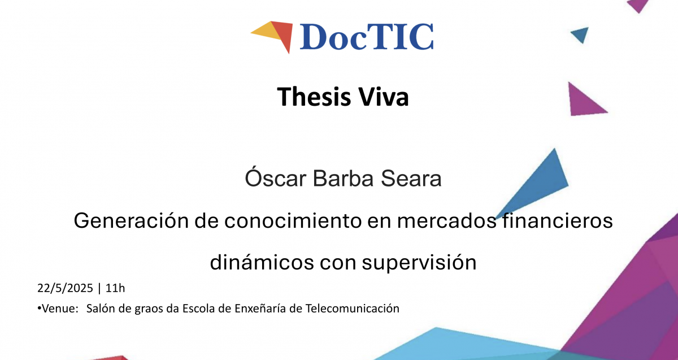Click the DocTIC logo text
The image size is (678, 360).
(x=367, y=37)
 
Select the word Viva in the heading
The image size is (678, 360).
(x=384, y=97)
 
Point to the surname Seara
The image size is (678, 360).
(x=411, y=179)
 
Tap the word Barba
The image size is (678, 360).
(x=344, y=178)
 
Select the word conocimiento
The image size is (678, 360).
(x=293, y=220)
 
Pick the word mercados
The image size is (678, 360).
(x=446, y=220)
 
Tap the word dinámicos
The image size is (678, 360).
(x=262, y=262)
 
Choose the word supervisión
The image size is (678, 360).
(x=419, y=263)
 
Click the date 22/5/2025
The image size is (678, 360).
(x=65, y=288)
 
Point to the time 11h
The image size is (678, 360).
(x=115, y=288)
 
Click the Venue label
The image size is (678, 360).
(x=58, y=309)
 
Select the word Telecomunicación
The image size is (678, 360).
(x=353, y=309)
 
